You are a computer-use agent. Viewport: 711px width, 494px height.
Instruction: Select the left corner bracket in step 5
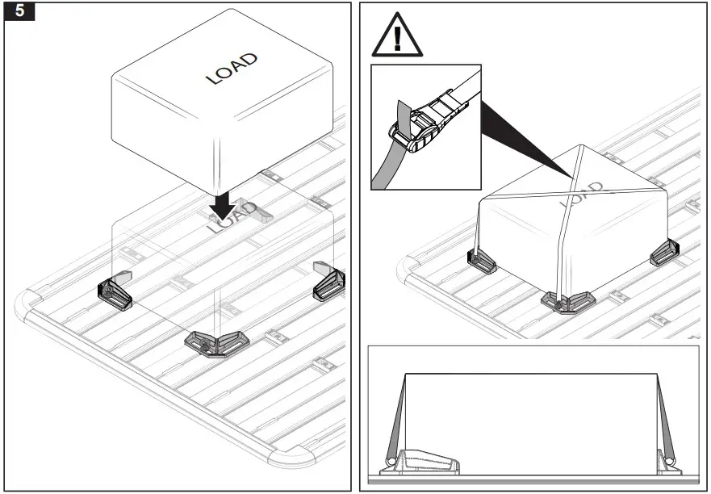(117, 292)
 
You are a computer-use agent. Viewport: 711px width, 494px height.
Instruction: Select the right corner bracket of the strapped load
(666, 252)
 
